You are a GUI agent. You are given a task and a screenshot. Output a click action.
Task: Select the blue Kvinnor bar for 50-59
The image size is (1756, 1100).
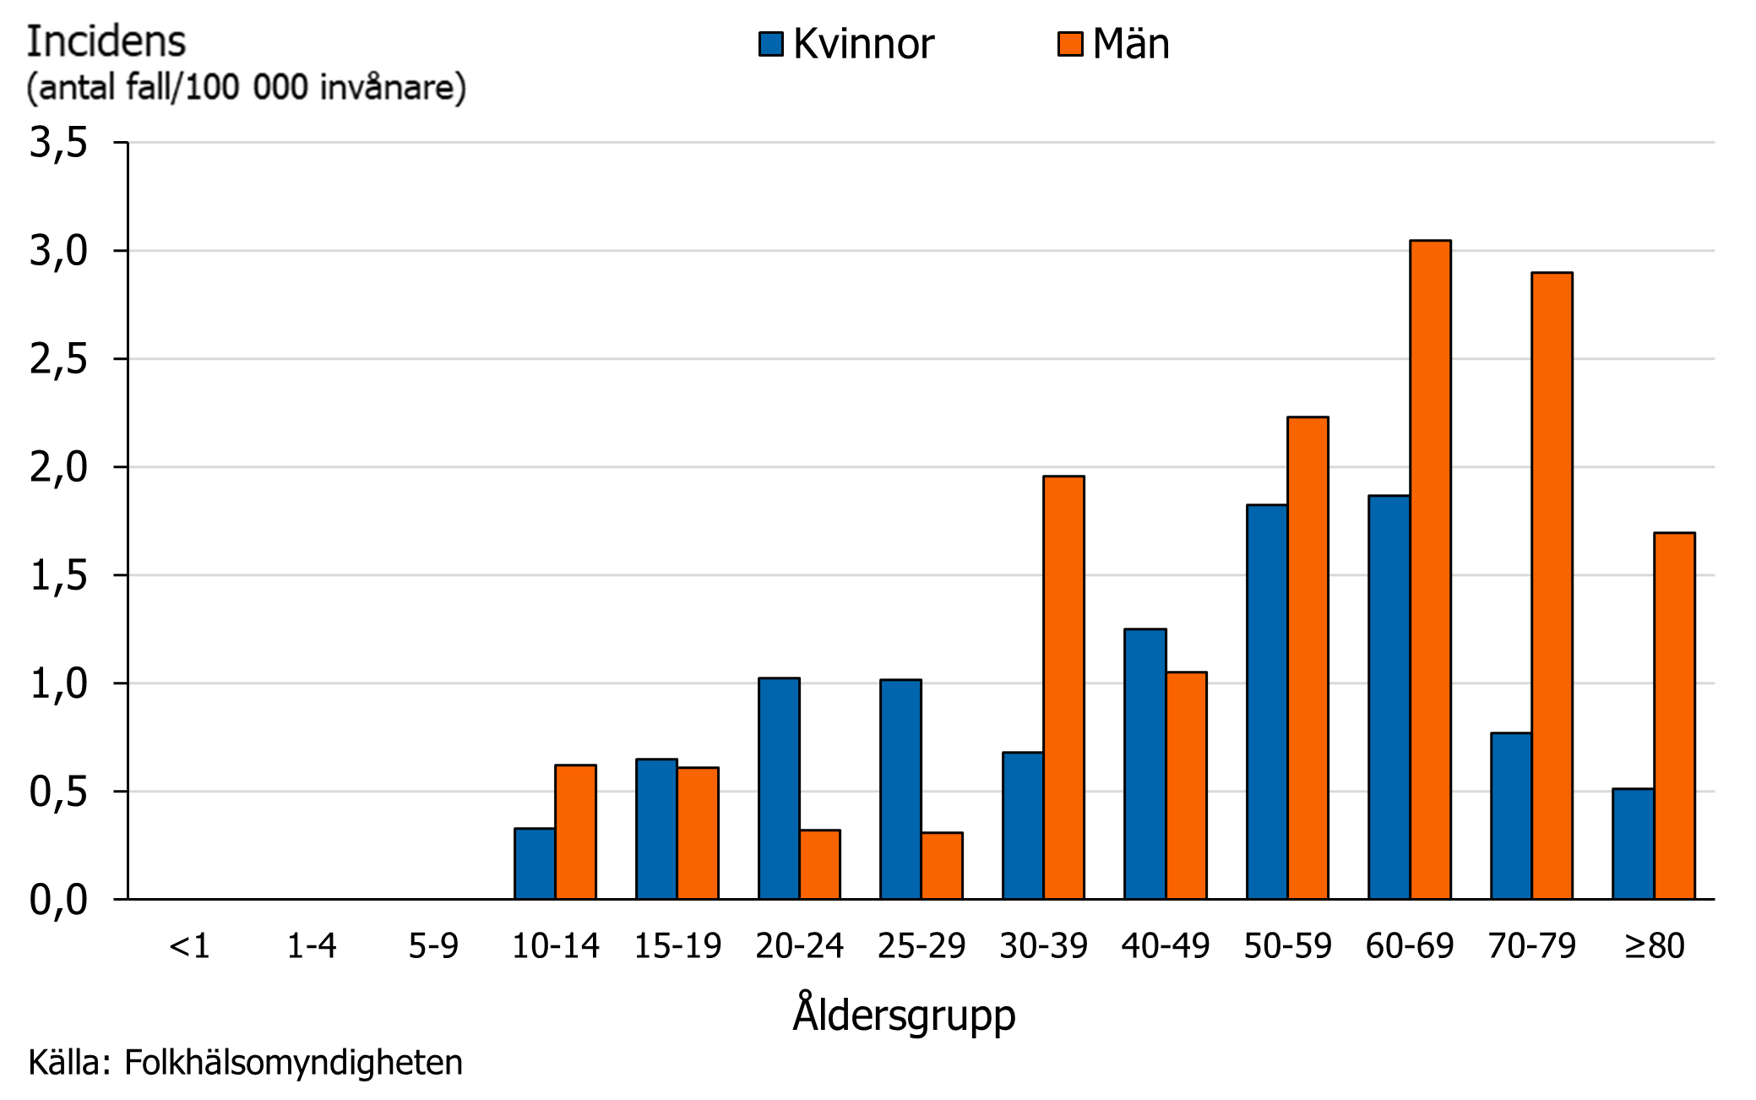(x=1266, y=701)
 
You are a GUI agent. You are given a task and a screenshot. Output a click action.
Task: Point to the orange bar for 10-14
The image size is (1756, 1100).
(x=575, y=831)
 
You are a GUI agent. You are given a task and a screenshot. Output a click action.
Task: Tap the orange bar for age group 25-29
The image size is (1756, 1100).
(x=942, y=865)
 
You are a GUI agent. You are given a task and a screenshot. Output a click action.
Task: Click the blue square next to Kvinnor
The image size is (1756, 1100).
(x=770, y=44)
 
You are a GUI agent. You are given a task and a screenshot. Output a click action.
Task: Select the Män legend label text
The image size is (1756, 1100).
(x=1130, y=44)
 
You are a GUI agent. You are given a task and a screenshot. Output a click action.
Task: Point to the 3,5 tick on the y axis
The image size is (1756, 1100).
(x=58, y=143)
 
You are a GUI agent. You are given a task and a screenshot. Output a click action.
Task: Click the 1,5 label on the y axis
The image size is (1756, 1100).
(x=58, y=576)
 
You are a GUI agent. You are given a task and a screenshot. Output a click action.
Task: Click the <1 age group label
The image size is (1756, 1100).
(x=189, y=945)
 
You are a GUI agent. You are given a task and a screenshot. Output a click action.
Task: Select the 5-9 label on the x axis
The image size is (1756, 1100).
(x=433, y=945)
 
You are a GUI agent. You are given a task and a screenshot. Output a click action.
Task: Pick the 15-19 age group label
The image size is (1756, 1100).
(x=677, y=945)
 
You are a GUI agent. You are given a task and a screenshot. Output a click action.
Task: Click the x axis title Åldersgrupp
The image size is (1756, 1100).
(x=903, y=1015)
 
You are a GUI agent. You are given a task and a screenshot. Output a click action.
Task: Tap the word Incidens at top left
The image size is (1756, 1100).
(x=106, y=41)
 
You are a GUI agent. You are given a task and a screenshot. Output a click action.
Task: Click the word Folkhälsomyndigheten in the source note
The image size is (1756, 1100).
(x=293, y=1062)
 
